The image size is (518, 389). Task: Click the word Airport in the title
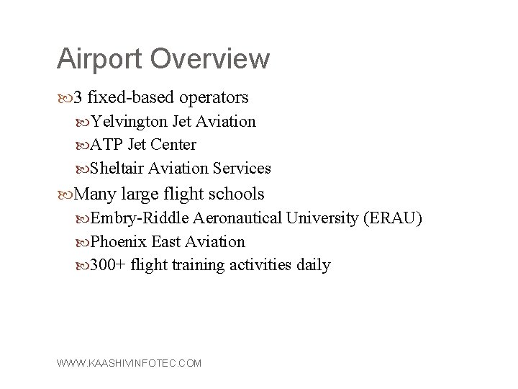(x=96, y=59)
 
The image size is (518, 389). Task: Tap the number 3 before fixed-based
(x=78, y=97)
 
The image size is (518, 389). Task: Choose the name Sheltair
(x=119, y=169)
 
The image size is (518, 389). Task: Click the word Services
(x=242, y=169)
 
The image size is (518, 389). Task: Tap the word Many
(x=96, y=194)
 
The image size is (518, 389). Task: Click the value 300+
(x=109, y=265)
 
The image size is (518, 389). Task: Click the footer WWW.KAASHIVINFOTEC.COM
(x=129, y=364)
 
